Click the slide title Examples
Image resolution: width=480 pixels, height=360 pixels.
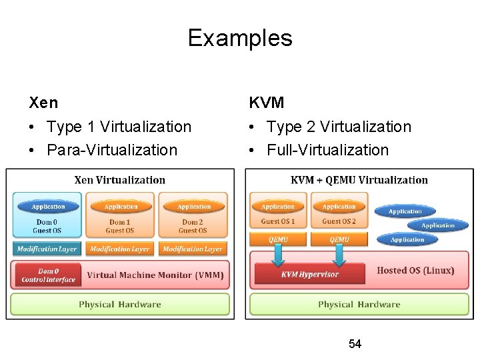[x=240, y=37]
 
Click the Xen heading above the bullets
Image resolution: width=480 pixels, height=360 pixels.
[x=43, y=103]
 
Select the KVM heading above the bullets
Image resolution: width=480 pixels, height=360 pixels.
[x=267, y=103]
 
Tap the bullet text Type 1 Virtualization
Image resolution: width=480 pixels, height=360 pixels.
[x=119, y=127]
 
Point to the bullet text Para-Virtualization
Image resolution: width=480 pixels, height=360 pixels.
[x=112, y=150]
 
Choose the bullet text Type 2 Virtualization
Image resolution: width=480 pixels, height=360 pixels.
[x=339, y=127]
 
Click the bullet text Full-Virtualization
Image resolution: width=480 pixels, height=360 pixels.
[x=327, y=150]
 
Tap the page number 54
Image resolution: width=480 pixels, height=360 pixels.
[x=355, y=344]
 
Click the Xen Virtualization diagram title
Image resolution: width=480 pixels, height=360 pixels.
[x=120, y=180]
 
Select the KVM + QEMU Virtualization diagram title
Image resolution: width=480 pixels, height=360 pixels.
[x=359, y=180]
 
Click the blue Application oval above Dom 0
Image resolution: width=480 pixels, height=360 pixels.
[x=47, y=207]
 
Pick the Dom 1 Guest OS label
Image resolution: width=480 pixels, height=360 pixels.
[x=120, y=226]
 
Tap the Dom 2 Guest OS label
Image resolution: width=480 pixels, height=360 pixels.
[x=193, y=226]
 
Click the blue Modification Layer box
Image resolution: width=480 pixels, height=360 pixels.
[x=47, y=249]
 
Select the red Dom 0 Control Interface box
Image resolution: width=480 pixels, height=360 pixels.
[x=47, y=275]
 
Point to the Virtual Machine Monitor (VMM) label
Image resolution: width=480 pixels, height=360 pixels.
[x=155, y=275]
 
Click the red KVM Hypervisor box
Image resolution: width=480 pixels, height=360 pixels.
[x=309, y=274]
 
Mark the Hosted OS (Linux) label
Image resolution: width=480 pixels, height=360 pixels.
[x=415, y=271]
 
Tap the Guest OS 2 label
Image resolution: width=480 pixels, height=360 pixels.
[x=339, y=221]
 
